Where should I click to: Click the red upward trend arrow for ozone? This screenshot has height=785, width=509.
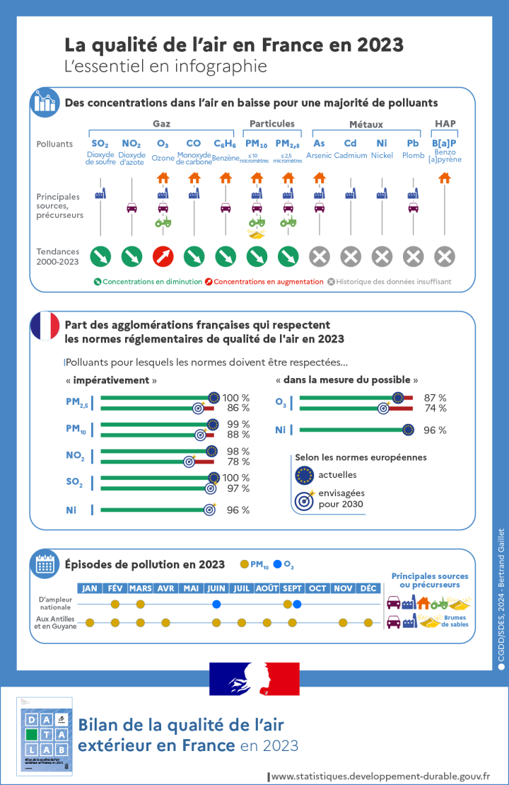click(x=163, y=256)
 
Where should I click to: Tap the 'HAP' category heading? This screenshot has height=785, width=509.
click(x=445, y=124)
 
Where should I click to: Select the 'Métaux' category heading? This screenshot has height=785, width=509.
click(x=365, y=125)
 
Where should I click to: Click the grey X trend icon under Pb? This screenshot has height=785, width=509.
click(x=414, y=256)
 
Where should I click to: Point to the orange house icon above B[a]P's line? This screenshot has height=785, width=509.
click(x=444, y=178)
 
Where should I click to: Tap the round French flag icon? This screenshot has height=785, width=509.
click(x=45, y=326)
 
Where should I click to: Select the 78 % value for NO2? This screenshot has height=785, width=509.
click(x=238, y=462)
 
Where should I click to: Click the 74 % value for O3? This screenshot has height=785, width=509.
click(x=435, y=408)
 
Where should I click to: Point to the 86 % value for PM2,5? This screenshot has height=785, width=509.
click(x=238, y=408)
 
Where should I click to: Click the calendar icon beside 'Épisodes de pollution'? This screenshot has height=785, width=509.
click(x=45, y=563)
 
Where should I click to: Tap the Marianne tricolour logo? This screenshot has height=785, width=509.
click(x=255, y=679)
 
